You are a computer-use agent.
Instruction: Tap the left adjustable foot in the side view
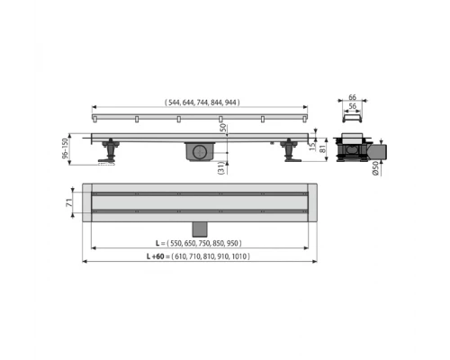[110, 151]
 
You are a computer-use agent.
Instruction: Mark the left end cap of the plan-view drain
[87, 206]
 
